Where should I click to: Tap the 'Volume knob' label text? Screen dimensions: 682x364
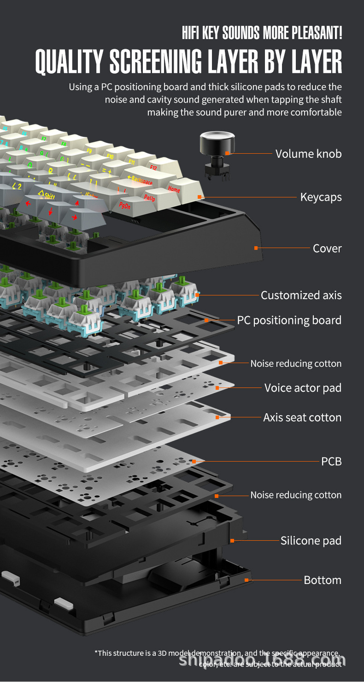pyautogui.click(x=308, y=154)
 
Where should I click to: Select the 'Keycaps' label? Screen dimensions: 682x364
pyautogui.click(x=321, y=197)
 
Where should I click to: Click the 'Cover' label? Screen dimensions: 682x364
pyautogui.click(x=327, y=249)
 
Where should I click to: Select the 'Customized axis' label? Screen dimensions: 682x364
pyautogui.click(x=301, y=295)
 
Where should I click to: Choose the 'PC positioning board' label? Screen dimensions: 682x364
pyautogui.click(x=289, y=320)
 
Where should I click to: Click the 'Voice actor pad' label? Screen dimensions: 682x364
pyautogui.click(x=303, y=388)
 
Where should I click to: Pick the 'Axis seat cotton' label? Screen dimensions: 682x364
pyautogui.click(x=302, y=418)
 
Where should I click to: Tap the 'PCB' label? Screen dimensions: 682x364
pyautogui.click(x=331, y=461)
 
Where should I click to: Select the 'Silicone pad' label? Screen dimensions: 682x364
pyautogui.click(x=311, y=541)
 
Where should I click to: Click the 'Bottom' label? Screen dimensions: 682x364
pyautogui.click(x=323, y=580)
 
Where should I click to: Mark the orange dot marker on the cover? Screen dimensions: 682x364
pyautogui.click(x=256, y=248)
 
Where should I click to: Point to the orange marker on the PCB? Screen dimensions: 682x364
pyautogui.click(x=194, y=461)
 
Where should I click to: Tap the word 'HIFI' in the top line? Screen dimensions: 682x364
pyautogui.click(x=192, y=33)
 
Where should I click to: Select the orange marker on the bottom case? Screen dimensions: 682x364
pyautogui.click(x=247, y=580)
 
